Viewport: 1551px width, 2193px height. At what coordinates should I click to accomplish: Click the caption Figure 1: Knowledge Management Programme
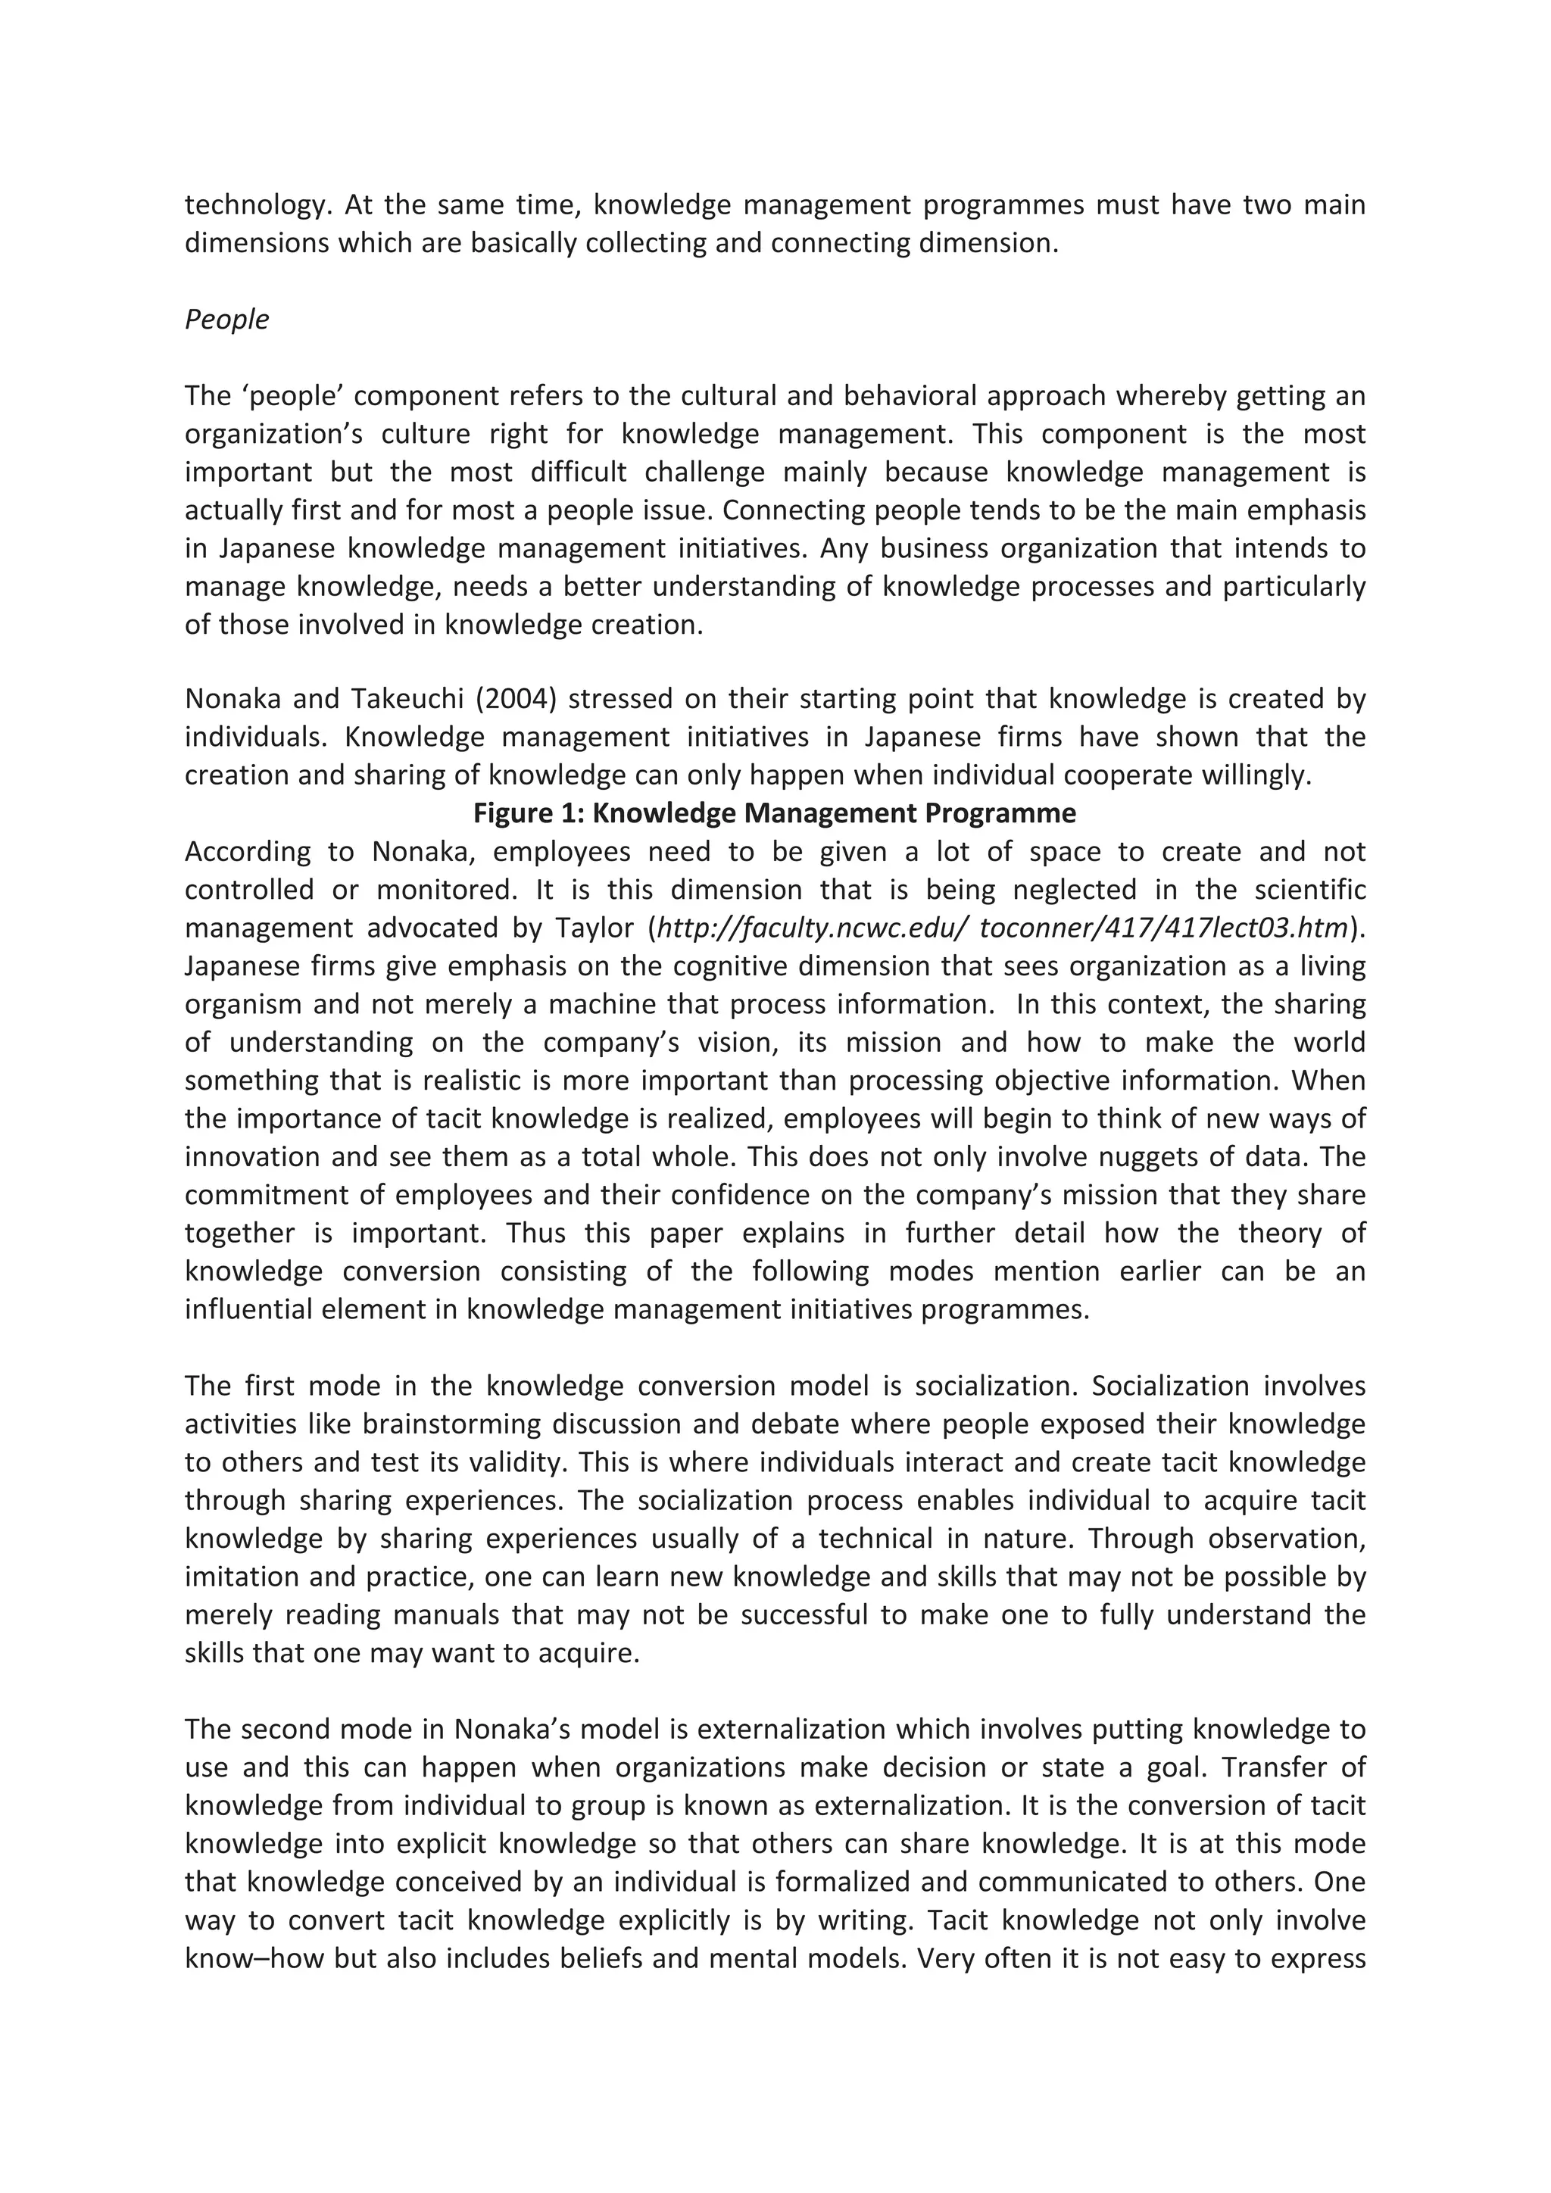pyautogui.click(x=775, y=813)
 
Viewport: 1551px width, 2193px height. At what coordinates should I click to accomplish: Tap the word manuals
pyautogui.click(x=446, y=1615)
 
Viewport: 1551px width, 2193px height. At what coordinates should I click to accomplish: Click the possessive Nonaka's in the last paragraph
pyautogui.click(x=512, y=1730)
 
